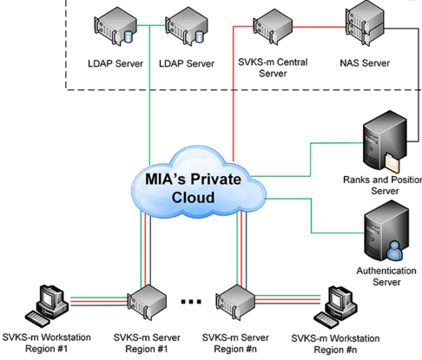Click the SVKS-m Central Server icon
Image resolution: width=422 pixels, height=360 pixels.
(273, 27)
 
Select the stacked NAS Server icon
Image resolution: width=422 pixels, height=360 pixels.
(366, 23)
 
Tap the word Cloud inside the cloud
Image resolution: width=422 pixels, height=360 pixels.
(193, 198)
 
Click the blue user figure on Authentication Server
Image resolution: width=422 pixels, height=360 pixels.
(395, 251)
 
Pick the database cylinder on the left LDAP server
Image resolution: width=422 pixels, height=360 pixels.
(128, 36)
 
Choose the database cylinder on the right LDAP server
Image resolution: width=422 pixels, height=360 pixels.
(200, 36)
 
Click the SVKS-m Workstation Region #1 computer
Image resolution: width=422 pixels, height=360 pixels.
(47, 306)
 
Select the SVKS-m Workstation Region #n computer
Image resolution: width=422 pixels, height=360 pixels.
(336, 307)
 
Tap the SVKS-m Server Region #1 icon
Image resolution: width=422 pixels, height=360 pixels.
(147, 302)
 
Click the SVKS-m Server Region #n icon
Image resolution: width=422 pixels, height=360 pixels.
(235, 302)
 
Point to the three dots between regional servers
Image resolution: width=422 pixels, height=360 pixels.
(191, 302)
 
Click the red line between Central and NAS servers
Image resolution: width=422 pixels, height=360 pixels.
(319, 28)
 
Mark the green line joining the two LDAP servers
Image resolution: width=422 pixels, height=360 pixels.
(151, 26)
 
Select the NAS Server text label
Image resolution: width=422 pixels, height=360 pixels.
(365, 63)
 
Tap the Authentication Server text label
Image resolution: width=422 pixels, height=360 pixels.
(386, 276)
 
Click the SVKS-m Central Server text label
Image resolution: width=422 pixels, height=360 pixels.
(273, 68)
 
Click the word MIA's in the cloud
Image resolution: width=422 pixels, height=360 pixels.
(165, 179)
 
